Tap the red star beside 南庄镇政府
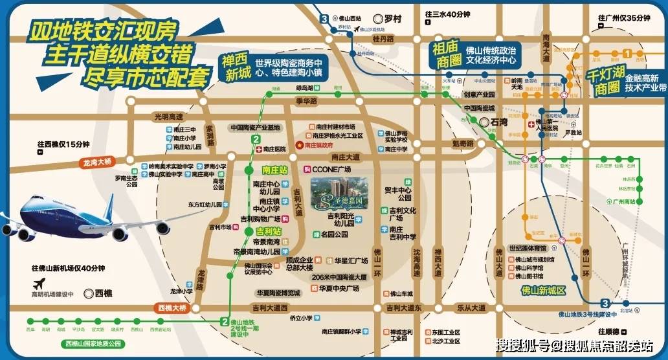299,146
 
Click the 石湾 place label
502,121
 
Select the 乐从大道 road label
471,308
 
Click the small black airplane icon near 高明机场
39,284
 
